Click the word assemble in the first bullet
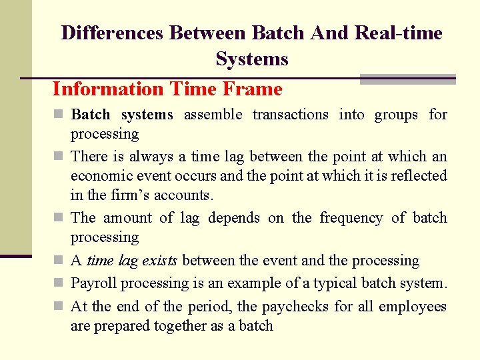pyautogui.click(x=213, y=115)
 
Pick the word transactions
pyautogui.click(x=291, y=115)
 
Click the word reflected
pyautogui.click(x=418, y=176)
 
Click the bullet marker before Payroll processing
pyautogui.click(x=58, y=283)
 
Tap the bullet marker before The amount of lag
pyautogui.click(x=58, y=218)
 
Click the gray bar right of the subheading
pyautogui.click(x=407, y=79)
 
